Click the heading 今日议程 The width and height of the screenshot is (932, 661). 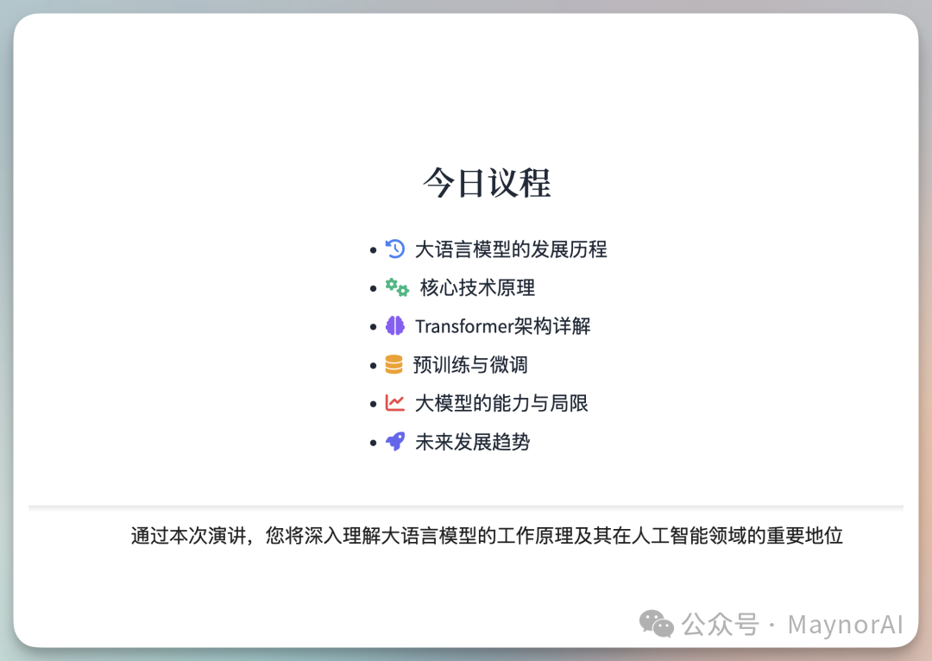pos(487,183)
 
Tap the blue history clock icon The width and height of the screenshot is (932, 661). pos(395,249)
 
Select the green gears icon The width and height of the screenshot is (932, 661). pos(397,287)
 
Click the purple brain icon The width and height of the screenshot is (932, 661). pos(395,325)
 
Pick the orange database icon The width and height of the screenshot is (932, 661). pos(394,364)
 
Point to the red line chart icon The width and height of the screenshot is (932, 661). pos(395,402)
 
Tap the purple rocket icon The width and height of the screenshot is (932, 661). pos(395,441)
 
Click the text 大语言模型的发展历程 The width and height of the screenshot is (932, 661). pos(511,249)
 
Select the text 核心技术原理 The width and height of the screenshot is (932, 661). pos(477,287)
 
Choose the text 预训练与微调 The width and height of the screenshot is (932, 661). pos(470,364)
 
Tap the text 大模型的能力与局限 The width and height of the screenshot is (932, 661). pos(501,403)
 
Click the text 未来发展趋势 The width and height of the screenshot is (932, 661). pos(472,442)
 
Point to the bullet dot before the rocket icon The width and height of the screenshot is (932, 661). pos(373,443)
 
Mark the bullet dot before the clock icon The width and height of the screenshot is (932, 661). pos(373,250)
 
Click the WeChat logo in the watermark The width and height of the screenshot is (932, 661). pos(657,623)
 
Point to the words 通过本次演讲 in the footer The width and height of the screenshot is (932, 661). pos(179,536)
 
